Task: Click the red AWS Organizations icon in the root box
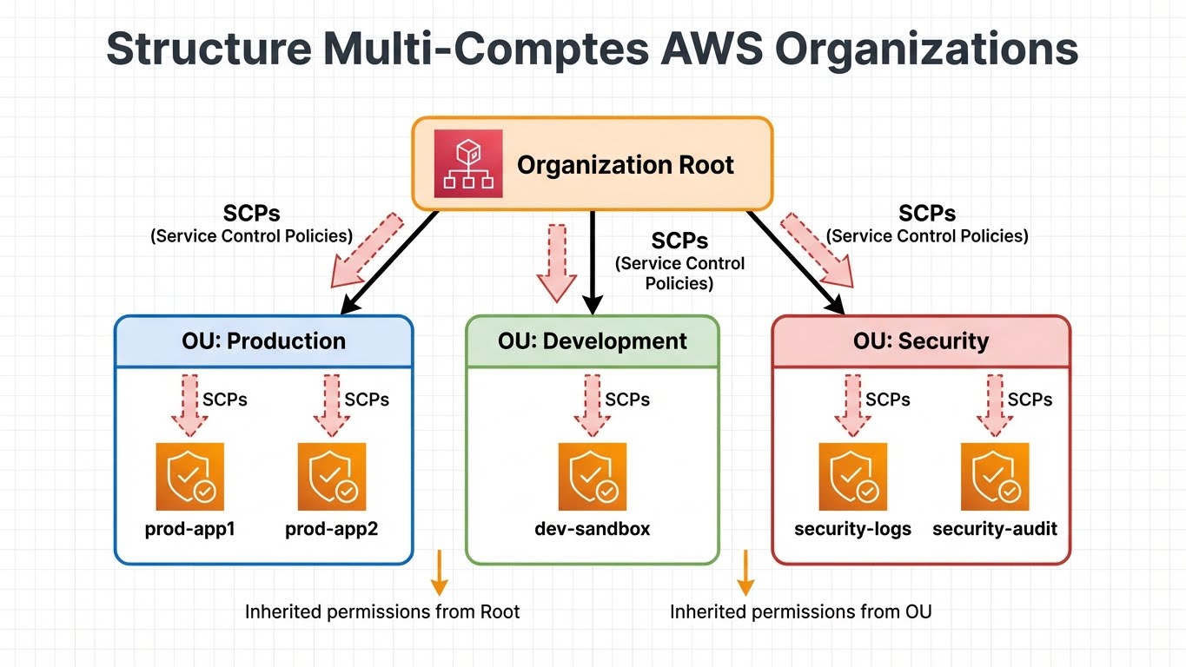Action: pyautogui.click(x=467, y=165)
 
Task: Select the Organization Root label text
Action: pyautogui.click(x=626, y=165)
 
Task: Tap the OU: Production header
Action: pyautogui.click(x=264, y=341)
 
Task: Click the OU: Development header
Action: pyautogui.click(x=593, y=341)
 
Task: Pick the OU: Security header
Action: pyautogui.click(x=921, y=341)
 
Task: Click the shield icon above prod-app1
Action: pyautogui.click(x=189, y=477)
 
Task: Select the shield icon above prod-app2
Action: pyautogui.click(x=332, y=477)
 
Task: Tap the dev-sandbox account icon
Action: pyautogui.click(x=593, y=477)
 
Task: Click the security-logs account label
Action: pyautogui.click(x=853, y=529)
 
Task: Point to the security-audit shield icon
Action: pyautogui.click(x=995, y=477)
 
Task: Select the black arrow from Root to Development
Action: pyautogui.click(x=593, y=261)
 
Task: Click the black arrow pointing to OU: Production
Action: pyautogui.click(x=389, y=262)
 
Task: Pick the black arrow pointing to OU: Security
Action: pyautogui.click(x=795, y=262)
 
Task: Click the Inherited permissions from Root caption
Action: pyautogui.click(x=382, y=612)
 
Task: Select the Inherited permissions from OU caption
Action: pyautogui.click(x=800, y=612)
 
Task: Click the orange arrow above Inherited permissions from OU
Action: pyautogui.click(x=745, y=573)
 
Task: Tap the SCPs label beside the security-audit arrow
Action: pyautogui.click(x=1030, y=400)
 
